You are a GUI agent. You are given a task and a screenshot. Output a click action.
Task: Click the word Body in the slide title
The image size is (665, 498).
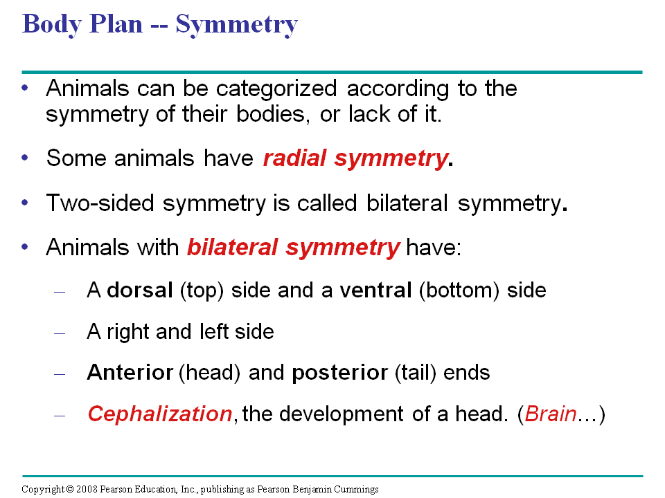coord(52,25)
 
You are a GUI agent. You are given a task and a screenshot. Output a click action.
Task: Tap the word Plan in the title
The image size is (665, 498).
coord(116,24)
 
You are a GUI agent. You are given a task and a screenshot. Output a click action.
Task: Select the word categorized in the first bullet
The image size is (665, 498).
coord(276,89)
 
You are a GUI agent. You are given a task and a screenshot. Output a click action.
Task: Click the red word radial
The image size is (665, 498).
coord(295,158)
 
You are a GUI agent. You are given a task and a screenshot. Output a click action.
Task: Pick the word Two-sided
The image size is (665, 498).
coord(100,203)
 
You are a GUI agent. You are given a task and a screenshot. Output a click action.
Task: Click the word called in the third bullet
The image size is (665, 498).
coord(327,203)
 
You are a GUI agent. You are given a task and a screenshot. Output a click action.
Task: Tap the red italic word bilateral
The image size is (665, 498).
coord(233,247)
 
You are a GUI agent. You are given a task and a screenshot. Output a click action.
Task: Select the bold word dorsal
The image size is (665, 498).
coord(140,290)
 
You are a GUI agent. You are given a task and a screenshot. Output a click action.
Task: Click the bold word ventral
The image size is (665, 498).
coord(375,290)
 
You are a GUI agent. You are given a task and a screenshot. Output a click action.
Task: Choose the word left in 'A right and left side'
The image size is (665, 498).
coord(214,331)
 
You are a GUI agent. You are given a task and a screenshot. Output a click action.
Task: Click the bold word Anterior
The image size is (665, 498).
coord(130,373)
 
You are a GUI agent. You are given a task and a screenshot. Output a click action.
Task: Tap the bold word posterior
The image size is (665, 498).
coord(339,373)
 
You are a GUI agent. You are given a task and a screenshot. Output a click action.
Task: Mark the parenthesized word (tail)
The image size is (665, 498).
coord(416,373)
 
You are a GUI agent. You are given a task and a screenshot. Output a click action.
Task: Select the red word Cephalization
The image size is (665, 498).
coord(160,414)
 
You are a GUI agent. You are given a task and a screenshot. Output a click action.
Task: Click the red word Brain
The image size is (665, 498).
coord(551,414)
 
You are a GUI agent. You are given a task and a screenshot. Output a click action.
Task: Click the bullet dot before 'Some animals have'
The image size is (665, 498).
coord(25,158)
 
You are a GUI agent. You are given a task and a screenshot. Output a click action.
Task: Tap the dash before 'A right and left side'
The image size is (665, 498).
coord(60,333)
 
